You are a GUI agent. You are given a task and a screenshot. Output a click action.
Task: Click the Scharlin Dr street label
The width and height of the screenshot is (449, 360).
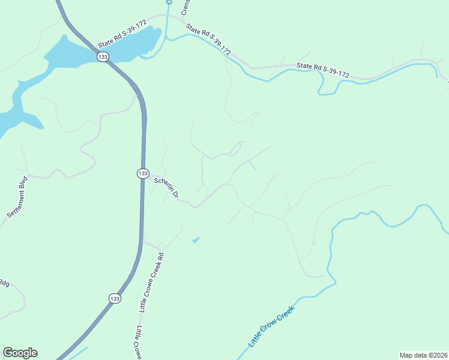[x=167, y=187]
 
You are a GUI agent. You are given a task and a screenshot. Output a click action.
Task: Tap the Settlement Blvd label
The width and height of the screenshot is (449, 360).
[x=17, y=196]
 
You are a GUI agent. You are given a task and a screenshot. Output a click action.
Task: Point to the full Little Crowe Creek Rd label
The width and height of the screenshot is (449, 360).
[x=151, y=282]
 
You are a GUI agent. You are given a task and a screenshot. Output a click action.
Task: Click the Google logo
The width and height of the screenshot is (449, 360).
[x=20, y=353]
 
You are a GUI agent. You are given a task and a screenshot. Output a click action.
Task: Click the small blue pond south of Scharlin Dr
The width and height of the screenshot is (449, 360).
[x=196, y=240]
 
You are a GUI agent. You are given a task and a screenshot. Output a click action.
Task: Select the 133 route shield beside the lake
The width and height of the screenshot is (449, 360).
[x=103, y=56]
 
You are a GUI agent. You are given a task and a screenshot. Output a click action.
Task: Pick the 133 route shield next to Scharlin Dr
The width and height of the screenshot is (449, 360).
[x=142, y=173]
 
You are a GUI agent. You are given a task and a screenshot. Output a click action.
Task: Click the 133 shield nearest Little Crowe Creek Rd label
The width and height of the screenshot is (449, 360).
[x=115, y=298]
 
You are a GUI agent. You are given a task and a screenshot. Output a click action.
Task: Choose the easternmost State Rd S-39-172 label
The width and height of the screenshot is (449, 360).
[x=323, y=70]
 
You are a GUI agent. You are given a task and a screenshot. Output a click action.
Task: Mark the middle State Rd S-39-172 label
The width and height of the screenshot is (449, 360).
[x=208, y=40]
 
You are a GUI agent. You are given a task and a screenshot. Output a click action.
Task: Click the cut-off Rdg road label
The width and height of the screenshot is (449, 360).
[x=4, y=283]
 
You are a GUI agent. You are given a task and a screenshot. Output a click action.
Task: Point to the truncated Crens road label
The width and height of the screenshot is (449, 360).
[x=186, y=8]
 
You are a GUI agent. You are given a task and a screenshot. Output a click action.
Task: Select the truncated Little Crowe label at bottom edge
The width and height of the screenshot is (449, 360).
[x=137, y=342]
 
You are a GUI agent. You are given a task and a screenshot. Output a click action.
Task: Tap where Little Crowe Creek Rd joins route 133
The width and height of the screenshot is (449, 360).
[x=143, y=242]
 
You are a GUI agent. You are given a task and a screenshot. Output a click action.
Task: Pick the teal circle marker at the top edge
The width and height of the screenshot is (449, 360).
[x=169, y=2]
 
